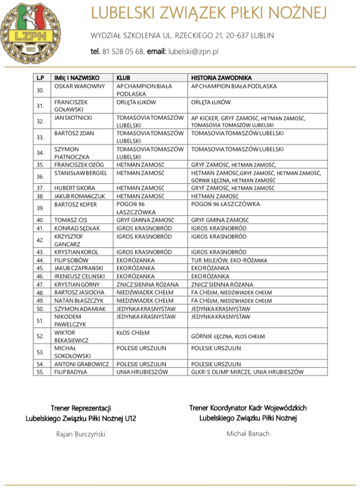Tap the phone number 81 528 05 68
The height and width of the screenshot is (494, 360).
pos(123,51)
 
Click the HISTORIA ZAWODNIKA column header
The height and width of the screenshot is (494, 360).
pos(221,78)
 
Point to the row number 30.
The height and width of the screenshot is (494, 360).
pos(40,90)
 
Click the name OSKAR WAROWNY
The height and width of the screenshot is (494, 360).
pos(80,86)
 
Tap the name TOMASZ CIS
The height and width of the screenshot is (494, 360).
pos(71,220)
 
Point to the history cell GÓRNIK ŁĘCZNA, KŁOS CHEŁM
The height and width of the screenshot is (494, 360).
pos(228,336)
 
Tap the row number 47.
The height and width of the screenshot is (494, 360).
pos(40,285)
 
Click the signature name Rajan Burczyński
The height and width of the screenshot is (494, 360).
pos(81,434)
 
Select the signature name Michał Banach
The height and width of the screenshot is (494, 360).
pos(248,434)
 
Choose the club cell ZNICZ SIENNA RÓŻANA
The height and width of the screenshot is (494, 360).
pos(148,285)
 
